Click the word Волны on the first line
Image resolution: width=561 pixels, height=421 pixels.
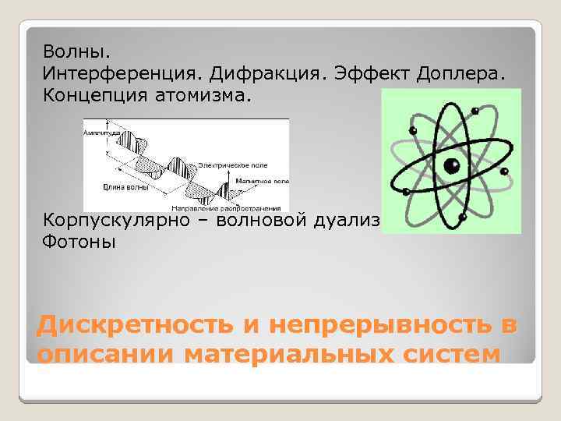(76, 51)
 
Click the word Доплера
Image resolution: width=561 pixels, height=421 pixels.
(461, 73)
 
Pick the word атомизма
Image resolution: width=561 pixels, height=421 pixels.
(213, 95)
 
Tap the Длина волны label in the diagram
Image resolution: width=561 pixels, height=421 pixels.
(120, 187)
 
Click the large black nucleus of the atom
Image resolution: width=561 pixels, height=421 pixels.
(451, 165)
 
